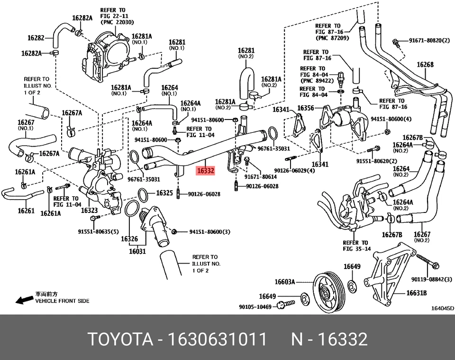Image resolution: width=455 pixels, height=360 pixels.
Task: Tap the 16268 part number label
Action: point(425,65)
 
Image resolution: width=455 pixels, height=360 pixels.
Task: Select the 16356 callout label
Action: point(306,109)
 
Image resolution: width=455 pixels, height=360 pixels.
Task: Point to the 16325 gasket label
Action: point(164,193)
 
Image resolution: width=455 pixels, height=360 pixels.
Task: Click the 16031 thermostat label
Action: point(137,251)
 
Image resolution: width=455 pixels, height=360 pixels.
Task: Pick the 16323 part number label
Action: point(89,210)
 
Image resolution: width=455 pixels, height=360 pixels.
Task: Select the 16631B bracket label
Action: point(417,293)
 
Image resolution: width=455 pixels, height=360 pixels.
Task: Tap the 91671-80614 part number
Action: point(260,176)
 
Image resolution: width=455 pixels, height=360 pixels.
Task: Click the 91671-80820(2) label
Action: point(429,41)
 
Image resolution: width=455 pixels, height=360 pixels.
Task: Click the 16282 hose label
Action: point(36,37)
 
